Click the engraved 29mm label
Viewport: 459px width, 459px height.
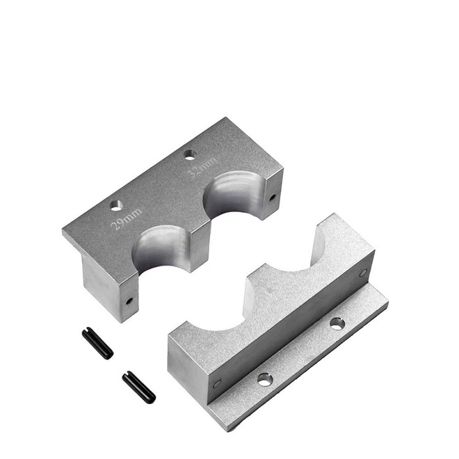(x=127, y=218)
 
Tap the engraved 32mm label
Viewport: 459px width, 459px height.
(x=202, y=168)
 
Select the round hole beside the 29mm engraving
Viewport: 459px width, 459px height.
(x=116, y=206)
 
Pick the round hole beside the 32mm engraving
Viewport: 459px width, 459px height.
(x=190, y=155)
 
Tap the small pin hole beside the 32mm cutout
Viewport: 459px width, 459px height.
(x=272, y=198)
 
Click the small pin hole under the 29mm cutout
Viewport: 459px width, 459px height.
(x=129, y=300)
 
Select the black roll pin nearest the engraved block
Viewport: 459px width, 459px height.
(x=97, y=343)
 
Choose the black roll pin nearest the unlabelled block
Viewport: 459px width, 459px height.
(x=139, y=387)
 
